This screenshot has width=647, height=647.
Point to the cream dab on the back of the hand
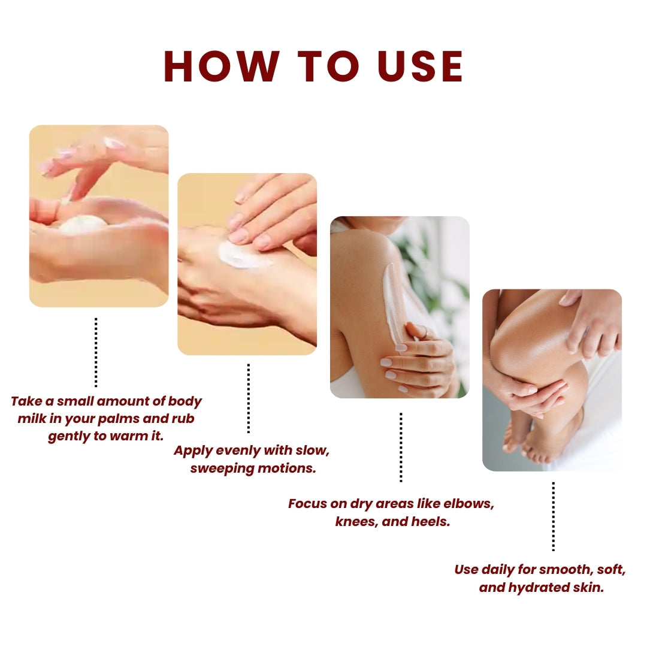click(x=243, y=255)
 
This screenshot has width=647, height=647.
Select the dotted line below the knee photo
click(x=553, y=516)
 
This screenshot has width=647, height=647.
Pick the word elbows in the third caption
click(x=471, y=503)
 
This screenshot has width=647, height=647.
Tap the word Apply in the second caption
click(x=190, y=451)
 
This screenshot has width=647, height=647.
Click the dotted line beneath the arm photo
click(x=401, y=447)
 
